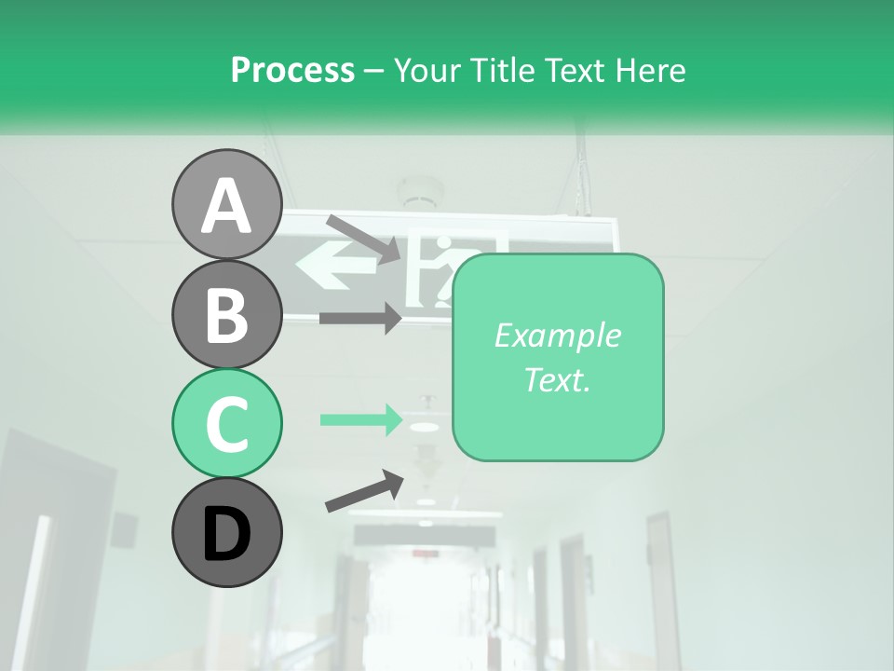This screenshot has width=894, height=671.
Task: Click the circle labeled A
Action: (x=226, y=204)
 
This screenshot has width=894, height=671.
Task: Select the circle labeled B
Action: (x=226, y=314)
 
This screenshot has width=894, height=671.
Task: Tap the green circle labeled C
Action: (x=226, y=423)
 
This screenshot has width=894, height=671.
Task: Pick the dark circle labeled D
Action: (x=226, y=532)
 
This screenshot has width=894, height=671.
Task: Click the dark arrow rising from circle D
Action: (x=364, y=491)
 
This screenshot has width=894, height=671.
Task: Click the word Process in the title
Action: (x=292, y=70)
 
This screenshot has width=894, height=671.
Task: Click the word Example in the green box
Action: (x=557, y=335)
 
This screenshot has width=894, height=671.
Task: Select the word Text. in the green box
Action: (x=557, y=379)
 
